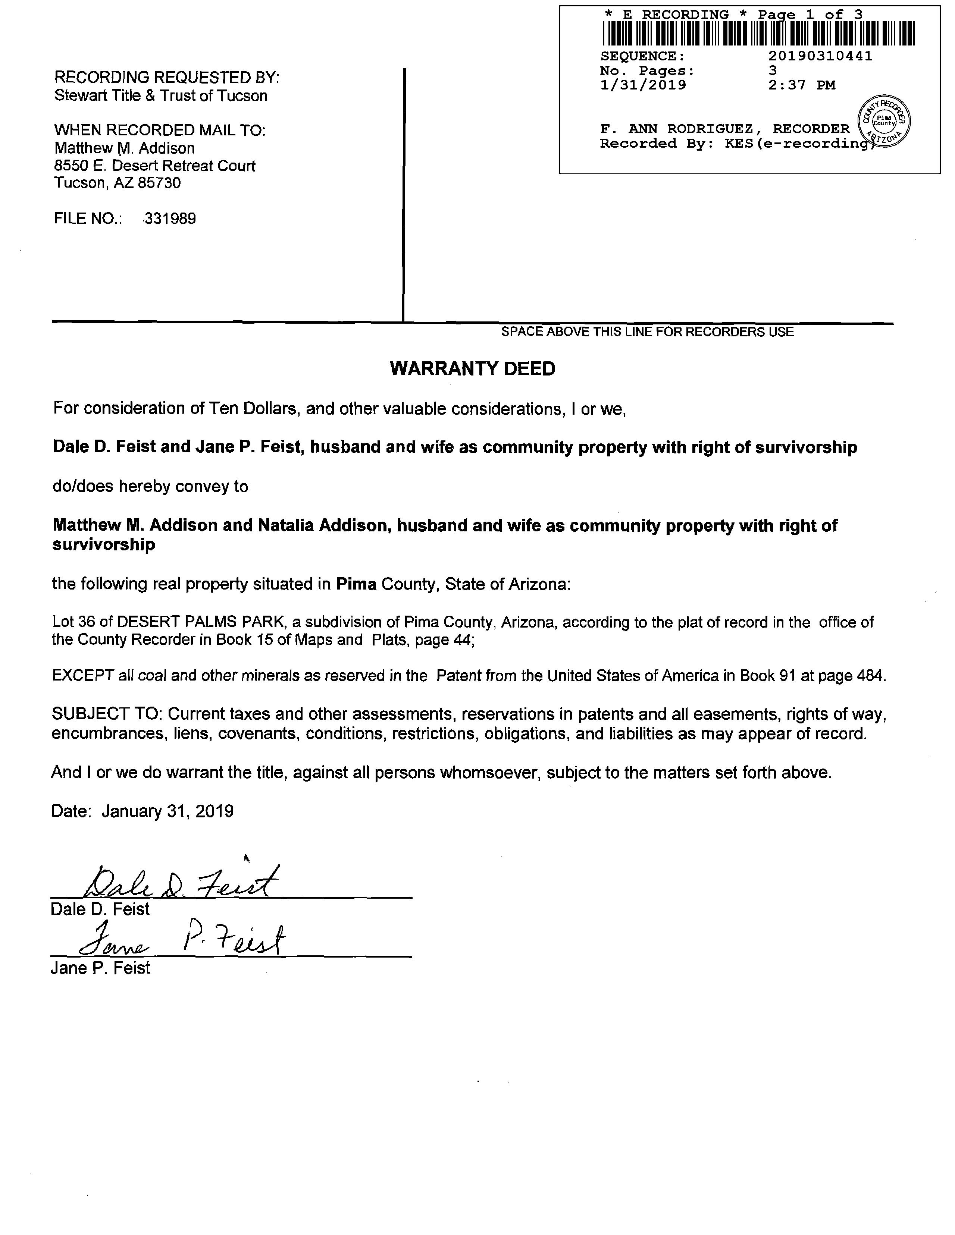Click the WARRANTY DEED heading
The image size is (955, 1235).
[472, 369]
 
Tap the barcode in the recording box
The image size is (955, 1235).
[758, 33]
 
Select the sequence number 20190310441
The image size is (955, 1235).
[820, 56]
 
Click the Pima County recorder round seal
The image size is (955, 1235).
[884, 120]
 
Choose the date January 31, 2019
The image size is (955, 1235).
[167, 811]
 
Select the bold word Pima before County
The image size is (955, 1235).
[356, 584]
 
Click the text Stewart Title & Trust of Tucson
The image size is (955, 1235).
[161, 95]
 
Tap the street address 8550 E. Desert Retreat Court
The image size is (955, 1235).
[154, 166]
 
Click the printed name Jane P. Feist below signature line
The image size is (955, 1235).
[100, 968]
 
